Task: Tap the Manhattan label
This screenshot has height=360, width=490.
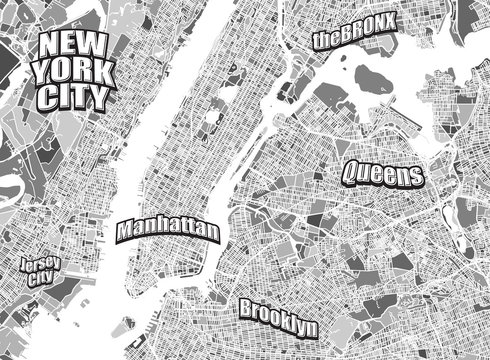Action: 167,229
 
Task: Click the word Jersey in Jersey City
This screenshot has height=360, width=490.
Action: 41,264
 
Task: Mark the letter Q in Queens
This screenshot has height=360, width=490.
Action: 350,172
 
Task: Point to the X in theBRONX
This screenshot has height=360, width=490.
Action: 392,21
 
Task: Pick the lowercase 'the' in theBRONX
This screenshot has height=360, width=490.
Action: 324,40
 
